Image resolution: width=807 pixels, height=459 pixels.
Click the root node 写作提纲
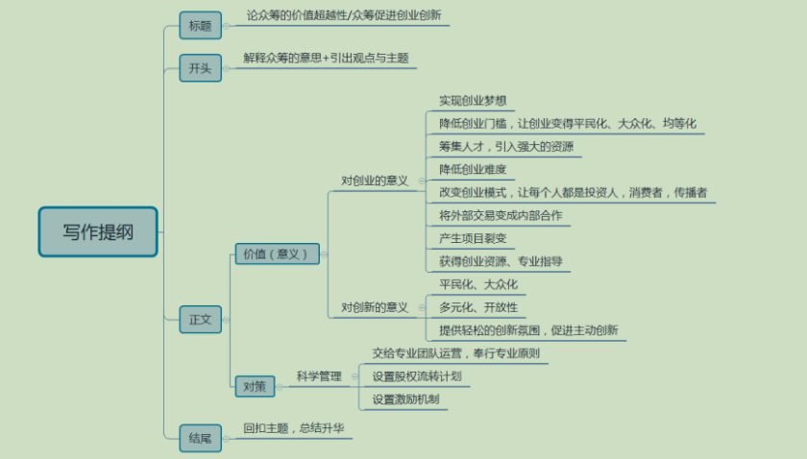[98, 231]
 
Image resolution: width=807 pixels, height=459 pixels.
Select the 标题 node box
[200, 25]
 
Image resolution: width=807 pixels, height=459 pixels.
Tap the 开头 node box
[200, 67]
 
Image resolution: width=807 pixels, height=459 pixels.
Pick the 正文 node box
[200, 319]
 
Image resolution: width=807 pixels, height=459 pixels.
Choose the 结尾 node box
[200, 438]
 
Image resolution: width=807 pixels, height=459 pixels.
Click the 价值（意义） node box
[277, 254]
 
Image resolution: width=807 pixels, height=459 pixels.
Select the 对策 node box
[255, 386]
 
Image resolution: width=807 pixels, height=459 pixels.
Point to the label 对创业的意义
[375, 181]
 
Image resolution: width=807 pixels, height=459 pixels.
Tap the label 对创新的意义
[375, 307]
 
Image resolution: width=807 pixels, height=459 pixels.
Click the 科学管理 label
[319, 376]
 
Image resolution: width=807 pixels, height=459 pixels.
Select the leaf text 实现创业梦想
[473, 100]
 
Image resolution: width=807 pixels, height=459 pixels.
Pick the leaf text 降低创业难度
[473, 169]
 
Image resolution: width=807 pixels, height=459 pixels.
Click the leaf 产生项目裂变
[473, 237]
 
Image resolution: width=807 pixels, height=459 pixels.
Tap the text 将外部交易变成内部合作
[501, 215]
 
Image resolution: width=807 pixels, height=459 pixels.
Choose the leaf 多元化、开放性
[478, 307]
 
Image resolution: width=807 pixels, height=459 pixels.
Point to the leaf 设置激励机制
[410, 399]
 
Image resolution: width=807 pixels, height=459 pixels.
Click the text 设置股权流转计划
[417, 376]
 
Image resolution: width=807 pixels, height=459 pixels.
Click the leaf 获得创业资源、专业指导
[501, 261]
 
